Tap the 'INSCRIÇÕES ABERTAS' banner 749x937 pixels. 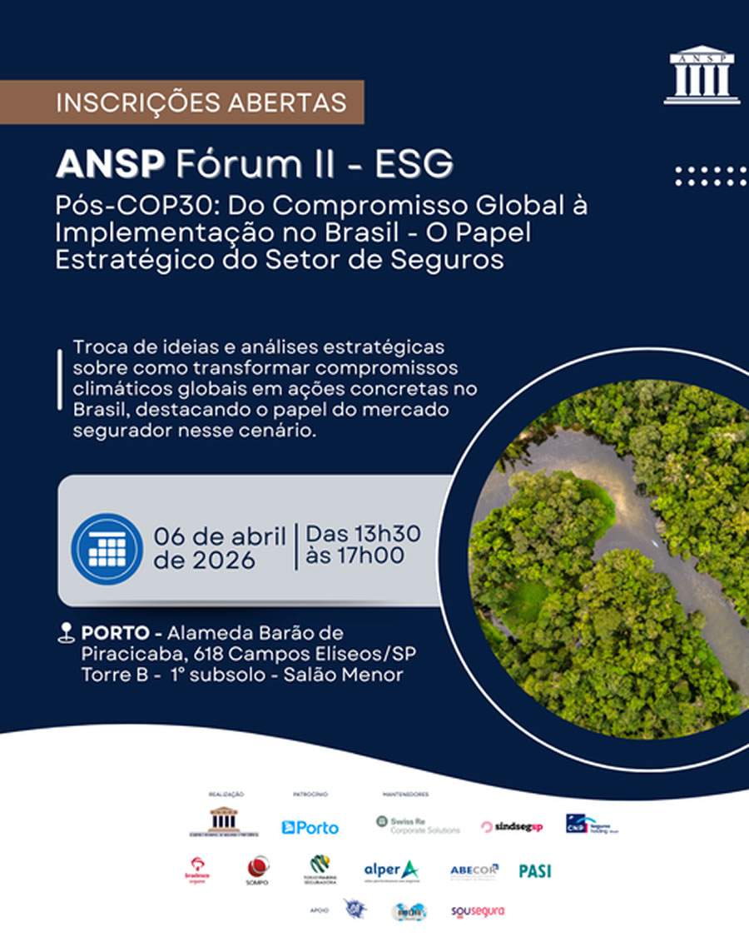click(x=181, y=102)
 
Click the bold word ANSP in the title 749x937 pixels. click(x=110, y=164)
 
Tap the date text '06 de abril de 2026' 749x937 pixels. click(x=219, y=547)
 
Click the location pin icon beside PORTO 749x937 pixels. click(x=67, y=634)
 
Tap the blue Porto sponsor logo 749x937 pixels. click(x=310, y=827)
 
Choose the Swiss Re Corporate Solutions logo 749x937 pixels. click(x=417, y=825)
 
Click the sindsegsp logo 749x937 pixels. click(x=511, y=826)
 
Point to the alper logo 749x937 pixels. click(x=391, y=870)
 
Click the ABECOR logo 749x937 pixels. click(x=474, y=870)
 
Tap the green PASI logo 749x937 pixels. click(x=535, y=870)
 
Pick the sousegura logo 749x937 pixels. click(x=478, y=911)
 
